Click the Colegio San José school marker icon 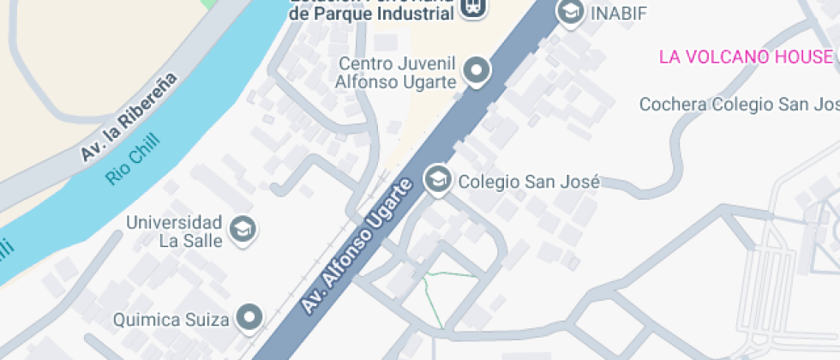pyautogui.click(x=438, y=180)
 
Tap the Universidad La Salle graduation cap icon pyautogui.click(x=244, y=229)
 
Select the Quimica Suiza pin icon pyautogui.click(x=249, y=316)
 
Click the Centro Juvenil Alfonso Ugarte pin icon pyautogui.click(x=477, y=70)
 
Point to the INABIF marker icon pyautogui.click(x=568, y=12)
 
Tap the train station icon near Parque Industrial pyautogui.click(x=471, y=8)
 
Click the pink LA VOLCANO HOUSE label pyautogui.click(x=746, y=57)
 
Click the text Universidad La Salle pyautogui.click(x=175, y=231)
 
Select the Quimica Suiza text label pyautogui.click(x=172, y=321)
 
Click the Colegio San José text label pyautogui.click(x=527, y=182)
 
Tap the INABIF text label pyautogui.click(x=617, y=13)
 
